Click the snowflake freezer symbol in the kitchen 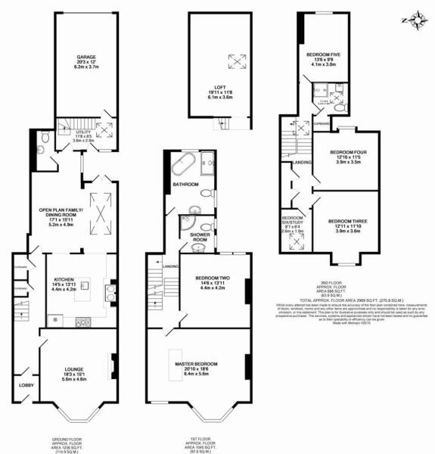coord(53,321)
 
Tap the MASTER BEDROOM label coord(198,364)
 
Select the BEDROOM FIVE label coord(323,54)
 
